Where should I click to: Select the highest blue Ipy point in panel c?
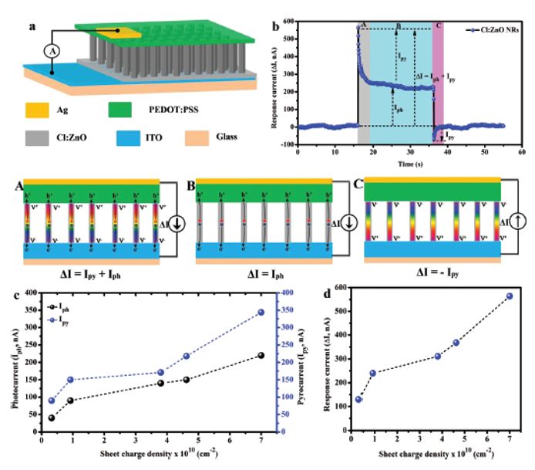[261, 312]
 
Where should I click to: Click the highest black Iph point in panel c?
[261, 355]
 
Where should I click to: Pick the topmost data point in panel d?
[510, 296]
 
